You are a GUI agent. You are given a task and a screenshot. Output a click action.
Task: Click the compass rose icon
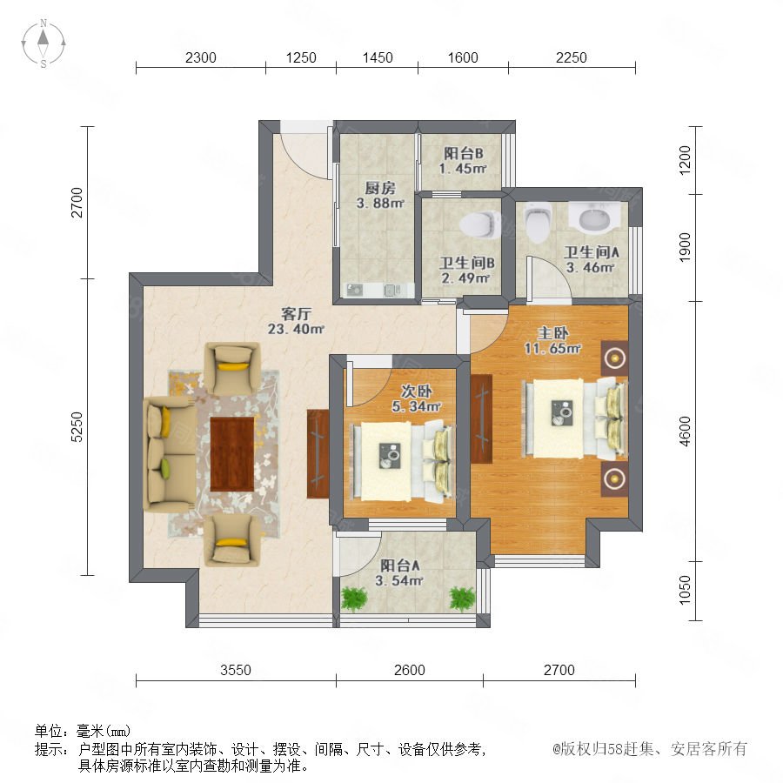43,43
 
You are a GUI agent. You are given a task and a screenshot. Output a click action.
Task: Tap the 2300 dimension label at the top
201,58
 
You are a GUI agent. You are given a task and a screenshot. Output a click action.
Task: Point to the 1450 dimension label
378,58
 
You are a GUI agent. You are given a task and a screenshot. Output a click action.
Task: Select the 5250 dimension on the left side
77,427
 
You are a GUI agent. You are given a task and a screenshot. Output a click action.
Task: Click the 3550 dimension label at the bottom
236,670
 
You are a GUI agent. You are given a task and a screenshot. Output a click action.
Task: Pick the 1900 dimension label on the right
685,247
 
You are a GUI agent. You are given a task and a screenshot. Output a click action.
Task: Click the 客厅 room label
296,314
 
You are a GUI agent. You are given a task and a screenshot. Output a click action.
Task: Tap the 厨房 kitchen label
380,188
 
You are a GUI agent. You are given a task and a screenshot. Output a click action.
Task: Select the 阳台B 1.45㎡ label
463,161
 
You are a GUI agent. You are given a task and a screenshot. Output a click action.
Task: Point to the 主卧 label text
552,333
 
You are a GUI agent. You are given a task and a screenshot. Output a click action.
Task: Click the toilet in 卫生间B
480,224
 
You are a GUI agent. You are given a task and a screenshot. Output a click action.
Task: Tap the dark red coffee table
232,454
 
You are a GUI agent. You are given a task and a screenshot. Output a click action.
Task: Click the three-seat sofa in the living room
170,454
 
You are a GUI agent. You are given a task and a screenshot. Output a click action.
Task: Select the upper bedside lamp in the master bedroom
614,358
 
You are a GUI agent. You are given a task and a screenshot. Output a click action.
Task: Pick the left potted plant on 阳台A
354,599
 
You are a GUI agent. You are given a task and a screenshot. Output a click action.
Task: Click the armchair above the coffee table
232,369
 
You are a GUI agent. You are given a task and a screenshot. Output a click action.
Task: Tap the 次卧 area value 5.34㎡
417,407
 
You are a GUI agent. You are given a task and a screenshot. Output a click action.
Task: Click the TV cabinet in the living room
318,453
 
